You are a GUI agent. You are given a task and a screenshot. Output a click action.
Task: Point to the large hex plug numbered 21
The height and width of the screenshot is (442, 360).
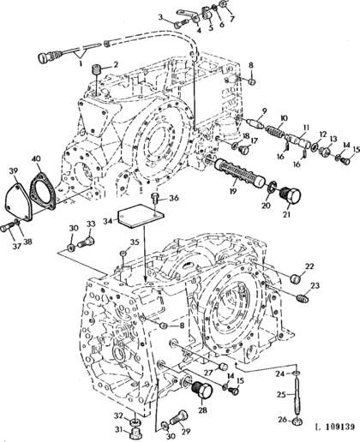click(x=291, y=196)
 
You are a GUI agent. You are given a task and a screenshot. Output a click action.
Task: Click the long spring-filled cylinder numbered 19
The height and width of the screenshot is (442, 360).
click(x=239, y=173)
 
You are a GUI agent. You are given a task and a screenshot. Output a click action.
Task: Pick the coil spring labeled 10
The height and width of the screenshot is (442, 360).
click(x=275, y=131)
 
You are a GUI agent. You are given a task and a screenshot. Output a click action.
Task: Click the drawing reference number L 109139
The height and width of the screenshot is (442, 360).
click(x=334, y=427)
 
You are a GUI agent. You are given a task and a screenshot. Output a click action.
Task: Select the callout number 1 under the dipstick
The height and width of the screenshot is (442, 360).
click(x=81, y=63)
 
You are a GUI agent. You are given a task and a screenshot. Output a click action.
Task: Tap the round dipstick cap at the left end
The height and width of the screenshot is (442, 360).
click(x=43, y=58)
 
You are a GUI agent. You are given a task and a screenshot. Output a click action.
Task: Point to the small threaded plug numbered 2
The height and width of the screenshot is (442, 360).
click(x=96, y=69)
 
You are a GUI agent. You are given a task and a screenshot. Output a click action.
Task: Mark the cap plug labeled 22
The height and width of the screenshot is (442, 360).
click(x=297, y=278)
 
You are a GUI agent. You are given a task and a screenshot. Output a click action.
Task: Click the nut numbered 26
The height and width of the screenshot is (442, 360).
click(x=298, y=421)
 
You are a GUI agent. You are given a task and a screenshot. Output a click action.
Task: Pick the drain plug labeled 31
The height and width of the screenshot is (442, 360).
click(x=135, y=433)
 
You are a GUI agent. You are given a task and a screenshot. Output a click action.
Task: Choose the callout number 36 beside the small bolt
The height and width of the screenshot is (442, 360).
click(x=174, y=198)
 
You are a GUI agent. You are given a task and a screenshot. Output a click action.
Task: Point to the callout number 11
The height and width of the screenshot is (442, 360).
click(x=306, y=128)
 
